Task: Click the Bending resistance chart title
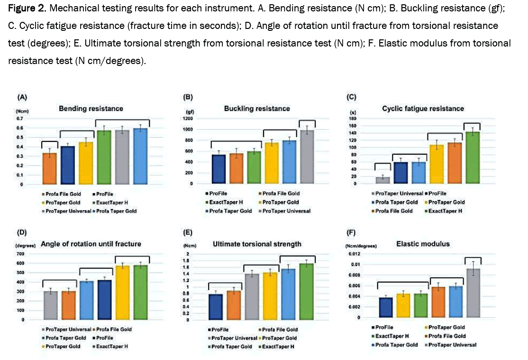pyautogui.click(x=91, y=109)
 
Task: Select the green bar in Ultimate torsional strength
pyautogui.click(x=307, y=291)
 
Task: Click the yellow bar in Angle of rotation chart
pyautogui.click(x=123, y=292)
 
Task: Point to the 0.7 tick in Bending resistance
pyautogui.click(x=20, y=118)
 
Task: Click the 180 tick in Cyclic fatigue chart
pyautogui.click(x=353, y=119)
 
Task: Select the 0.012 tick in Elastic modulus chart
pyautogui.click(x=355, y=254)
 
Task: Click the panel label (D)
pyautogui.click(x=22, y=232)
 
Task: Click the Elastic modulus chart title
pyautogui.click(x=423, y=244)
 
